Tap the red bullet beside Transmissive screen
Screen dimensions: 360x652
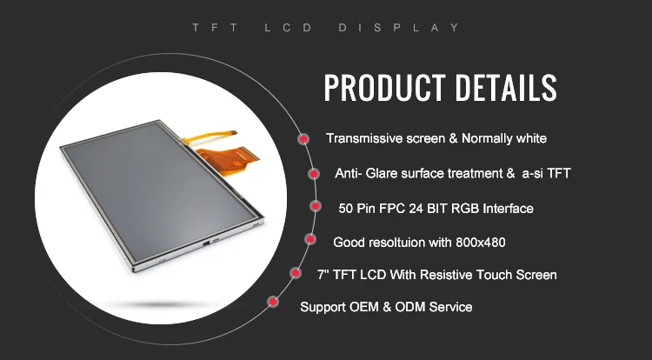click(x=303, y=139)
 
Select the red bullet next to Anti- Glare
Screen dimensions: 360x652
click(x=313, y=174)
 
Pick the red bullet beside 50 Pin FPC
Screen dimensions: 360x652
click(x=315, y=207)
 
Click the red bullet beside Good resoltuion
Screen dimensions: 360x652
click(x=309, y=239)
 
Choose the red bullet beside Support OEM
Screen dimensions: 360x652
click(x=272, y=302)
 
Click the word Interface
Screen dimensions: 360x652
click(x=505, y=209)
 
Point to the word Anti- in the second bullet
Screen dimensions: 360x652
click(x=349, y=174)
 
